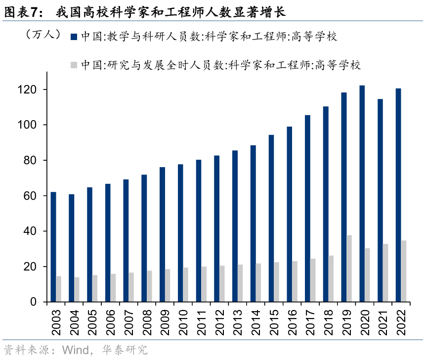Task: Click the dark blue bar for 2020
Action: tap(362, 193)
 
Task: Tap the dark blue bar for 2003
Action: tap(53, 247)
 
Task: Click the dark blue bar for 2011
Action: tap(199, 230)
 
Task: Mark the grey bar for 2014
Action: tap(258, 282)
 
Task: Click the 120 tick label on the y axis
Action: tap(30, 90)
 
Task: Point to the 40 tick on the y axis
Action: tap(33, 231)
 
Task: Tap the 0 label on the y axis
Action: tap(36, 302)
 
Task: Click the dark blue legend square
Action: tap(74, 37)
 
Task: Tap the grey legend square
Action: tap(74, 65)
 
